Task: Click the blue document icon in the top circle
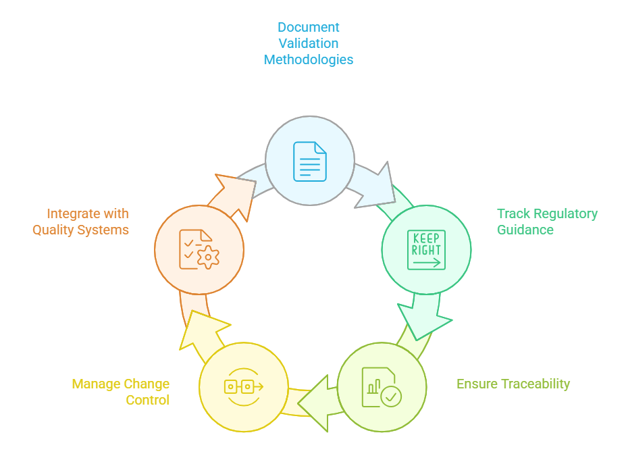click(x=309, y=161)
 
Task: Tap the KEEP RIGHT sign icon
click(x=426, y=250)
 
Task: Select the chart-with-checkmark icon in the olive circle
click(x=381, y=387)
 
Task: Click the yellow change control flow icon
click(x=244, y=386)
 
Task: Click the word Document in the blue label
click(x=309, y=27)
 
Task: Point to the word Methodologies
click(x=309, y=59)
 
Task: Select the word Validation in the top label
click(x=309, y=43)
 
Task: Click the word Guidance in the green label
click(x=525, y=230)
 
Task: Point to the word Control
click(x=147, y=400)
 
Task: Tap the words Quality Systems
click(x=80, y=230)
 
